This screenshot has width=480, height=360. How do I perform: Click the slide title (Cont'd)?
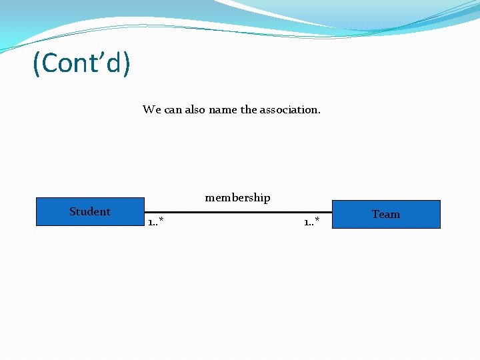click(81, 63)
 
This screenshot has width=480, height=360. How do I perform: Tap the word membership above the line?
click(237, 197)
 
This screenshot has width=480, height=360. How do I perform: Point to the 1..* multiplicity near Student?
click(156, 221)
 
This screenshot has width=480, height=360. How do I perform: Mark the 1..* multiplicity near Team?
click(311, 221)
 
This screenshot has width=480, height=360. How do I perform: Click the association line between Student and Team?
click(237, 212)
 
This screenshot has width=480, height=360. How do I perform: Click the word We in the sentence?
click(151, 109)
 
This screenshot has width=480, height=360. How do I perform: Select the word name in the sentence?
click(223, 109)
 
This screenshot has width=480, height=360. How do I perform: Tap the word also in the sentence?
click(195, 109)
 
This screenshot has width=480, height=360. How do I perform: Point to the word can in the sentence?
click(173, 109)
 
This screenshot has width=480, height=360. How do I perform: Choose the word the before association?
click(248, 109)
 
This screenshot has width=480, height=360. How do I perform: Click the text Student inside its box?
click(89, 211)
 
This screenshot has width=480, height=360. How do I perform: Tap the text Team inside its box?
click(386, 214)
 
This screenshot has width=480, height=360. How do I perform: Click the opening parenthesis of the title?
click(37, 64)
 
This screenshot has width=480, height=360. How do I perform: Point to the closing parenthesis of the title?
click(126, 64)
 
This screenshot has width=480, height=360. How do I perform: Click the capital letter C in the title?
click(49, 64)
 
